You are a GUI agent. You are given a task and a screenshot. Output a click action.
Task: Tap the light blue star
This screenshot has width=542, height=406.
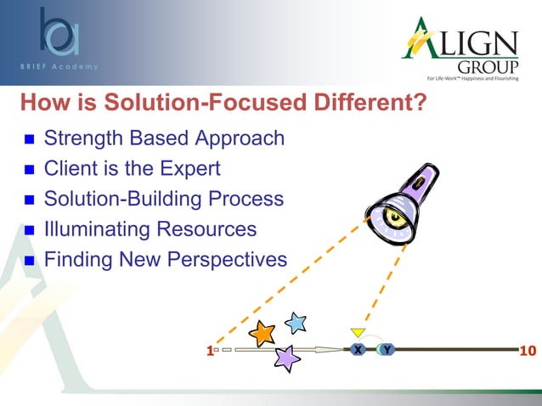295,323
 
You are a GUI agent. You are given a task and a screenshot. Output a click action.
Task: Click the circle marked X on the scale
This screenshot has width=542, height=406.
358,349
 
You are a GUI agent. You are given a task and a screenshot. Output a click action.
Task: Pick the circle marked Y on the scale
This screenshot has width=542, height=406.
387,349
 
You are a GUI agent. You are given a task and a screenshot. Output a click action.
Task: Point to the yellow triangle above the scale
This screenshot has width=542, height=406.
358,331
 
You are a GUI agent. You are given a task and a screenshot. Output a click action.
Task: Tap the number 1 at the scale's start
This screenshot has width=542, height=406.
208,350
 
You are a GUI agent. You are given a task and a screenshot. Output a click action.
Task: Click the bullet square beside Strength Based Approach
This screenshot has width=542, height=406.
27,139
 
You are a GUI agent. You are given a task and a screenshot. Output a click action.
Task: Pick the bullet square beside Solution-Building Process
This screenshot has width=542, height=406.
27,200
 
